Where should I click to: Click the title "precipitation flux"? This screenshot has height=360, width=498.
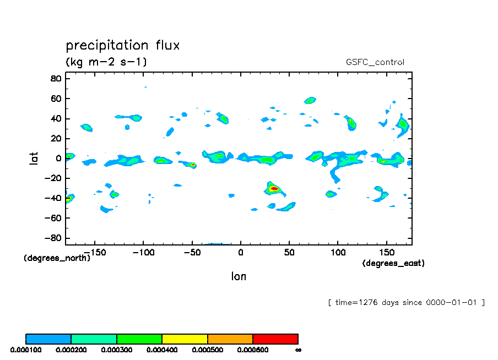(x=123, y=45)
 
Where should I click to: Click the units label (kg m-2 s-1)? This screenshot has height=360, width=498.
(x=106, y=62)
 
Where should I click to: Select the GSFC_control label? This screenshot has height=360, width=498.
(x=375, y=62)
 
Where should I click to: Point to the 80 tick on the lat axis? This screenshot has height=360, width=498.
(x=55, y=79)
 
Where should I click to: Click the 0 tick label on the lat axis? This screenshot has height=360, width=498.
(x=58, y=159)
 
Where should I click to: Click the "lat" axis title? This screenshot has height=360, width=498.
(x=34, y=159)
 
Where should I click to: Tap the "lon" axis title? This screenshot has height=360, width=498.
(x=239, y=276)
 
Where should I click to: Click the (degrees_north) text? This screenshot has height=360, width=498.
(x=57, y=258)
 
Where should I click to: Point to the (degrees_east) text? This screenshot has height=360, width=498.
(x=393, y=263)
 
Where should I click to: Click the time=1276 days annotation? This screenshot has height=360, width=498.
(x=406, y=302)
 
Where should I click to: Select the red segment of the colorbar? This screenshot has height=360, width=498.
(x=275, y=339)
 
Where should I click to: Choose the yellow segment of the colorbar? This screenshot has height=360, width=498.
(x=185, y=339)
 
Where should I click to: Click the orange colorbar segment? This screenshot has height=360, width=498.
(x=230, y=339)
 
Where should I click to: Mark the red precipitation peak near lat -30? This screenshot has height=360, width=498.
(x=274, y=189)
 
